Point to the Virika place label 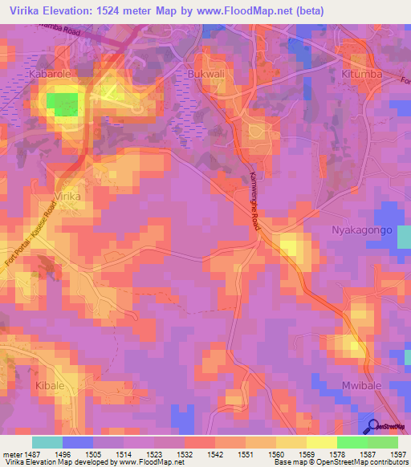(x=69, y=196)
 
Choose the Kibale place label (x=50, y=386)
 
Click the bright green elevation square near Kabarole (x=63, y=104)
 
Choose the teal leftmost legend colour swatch (x=47, y=442)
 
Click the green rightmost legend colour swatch (x=382, y=442)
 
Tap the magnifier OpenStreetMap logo (x=373, y=427)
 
